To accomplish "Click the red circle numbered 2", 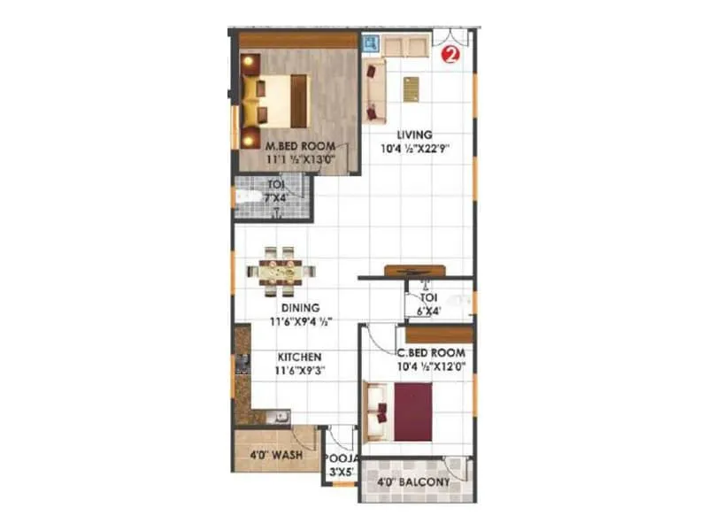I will click(x=450, y=53).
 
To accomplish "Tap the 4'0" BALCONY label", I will click(x=413, y=482).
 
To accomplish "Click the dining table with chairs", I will click(x=281, y=272).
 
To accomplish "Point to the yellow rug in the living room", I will click(x=411, y=89).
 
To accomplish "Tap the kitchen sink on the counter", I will click(x=276, y=416).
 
